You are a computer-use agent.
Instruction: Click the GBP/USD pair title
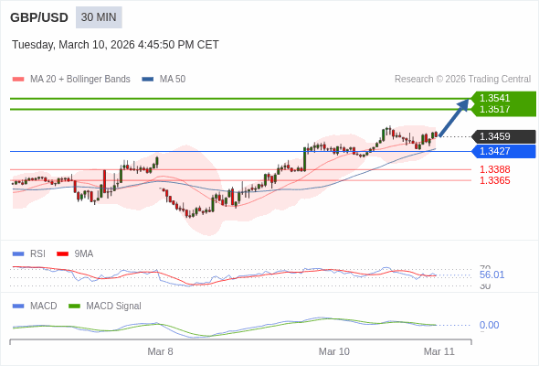(39, 17)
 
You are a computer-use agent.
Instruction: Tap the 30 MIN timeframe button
(99, 17)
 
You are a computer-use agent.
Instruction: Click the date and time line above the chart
(115, 45)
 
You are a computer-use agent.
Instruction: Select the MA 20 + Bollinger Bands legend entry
(72, 79)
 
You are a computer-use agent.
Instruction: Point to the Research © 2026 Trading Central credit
(462, 79)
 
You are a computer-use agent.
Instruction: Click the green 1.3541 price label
(502, 98)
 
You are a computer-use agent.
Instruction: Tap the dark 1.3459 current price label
(502, 136)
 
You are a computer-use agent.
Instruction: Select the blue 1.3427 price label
(502, 151)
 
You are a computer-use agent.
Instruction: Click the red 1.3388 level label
(494, 169)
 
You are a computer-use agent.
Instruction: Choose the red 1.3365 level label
(494, 180)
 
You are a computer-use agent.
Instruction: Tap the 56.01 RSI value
(491, 274)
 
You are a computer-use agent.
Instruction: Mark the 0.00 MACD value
(489, 325)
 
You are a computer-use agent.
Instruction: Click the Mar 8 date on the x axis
(160, 351)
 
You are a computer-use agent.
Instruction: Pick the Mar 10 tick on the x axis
(333, 351)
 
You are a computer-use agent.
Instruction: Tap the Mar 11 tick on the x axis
(439, 351)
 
